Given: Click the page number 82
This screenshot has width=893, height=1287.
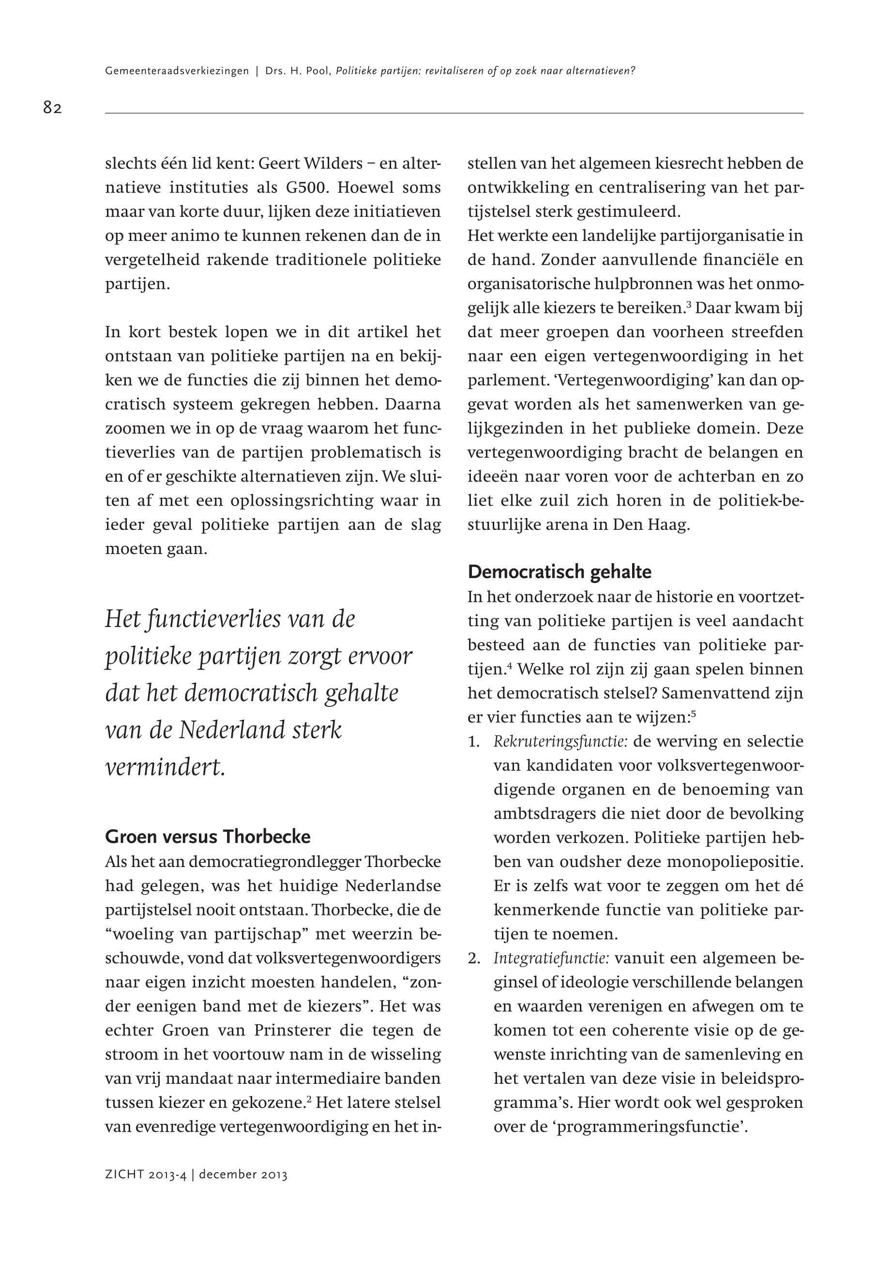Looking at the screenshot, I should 52,107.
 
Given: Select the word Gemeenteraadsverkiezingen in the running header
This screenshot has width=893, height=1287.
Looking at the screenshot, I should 177,71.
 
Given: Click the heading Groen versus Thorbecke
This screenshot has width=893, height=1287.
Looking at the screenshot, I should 208,837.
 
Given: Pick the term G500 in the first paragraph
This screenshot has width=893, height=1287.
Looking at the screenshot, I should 305,187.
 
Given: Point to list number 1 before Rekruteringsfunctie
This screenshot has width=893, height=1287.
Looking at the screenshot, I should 474,742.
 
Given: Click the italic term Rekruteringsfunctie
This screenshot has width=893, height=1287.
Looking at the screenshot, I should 560,742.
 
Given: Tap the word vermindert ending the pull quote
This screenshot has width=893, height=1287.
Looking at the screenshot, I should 165,767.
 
